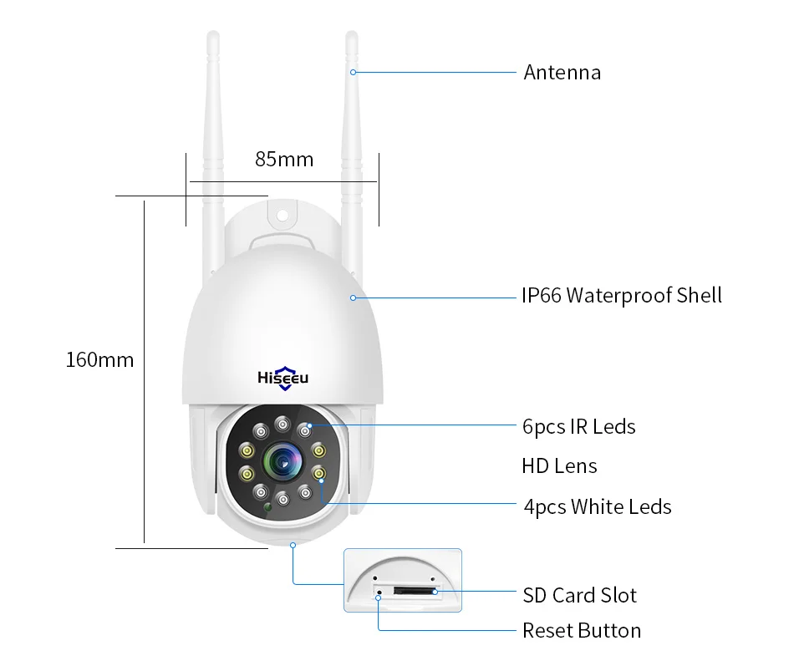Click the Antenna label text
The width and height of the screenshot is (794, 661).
562,73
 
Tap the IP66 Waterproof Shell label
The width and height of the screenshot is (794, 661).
621,296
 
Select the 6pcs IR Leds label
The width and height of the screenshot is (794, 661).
578,427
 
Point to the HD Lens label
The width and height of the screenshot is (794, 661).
559,465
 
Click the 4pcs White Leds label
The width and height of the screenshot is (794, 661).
597,506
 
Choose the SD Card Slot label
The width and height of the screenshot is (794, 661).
579,595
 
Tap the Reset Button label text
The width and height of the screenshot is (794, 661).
582,630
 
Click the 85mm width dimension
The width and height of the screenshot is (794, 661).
284,159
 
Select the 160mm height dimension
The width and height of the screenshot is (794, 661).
99,360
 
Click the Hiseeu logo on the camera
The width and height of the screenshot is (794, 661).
282,377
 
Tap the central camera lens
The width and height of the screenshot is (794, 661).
282,462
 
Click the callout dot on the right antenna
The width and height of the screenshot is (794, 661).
353,72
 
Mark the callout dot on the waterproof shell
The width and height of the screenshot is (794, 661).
353,297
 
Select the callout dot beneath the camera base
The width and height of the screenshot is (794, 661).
293,545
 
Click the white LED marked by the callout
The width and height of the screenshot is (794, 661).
318,474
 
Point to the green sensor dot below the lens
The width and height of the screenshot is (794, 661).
268,507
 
